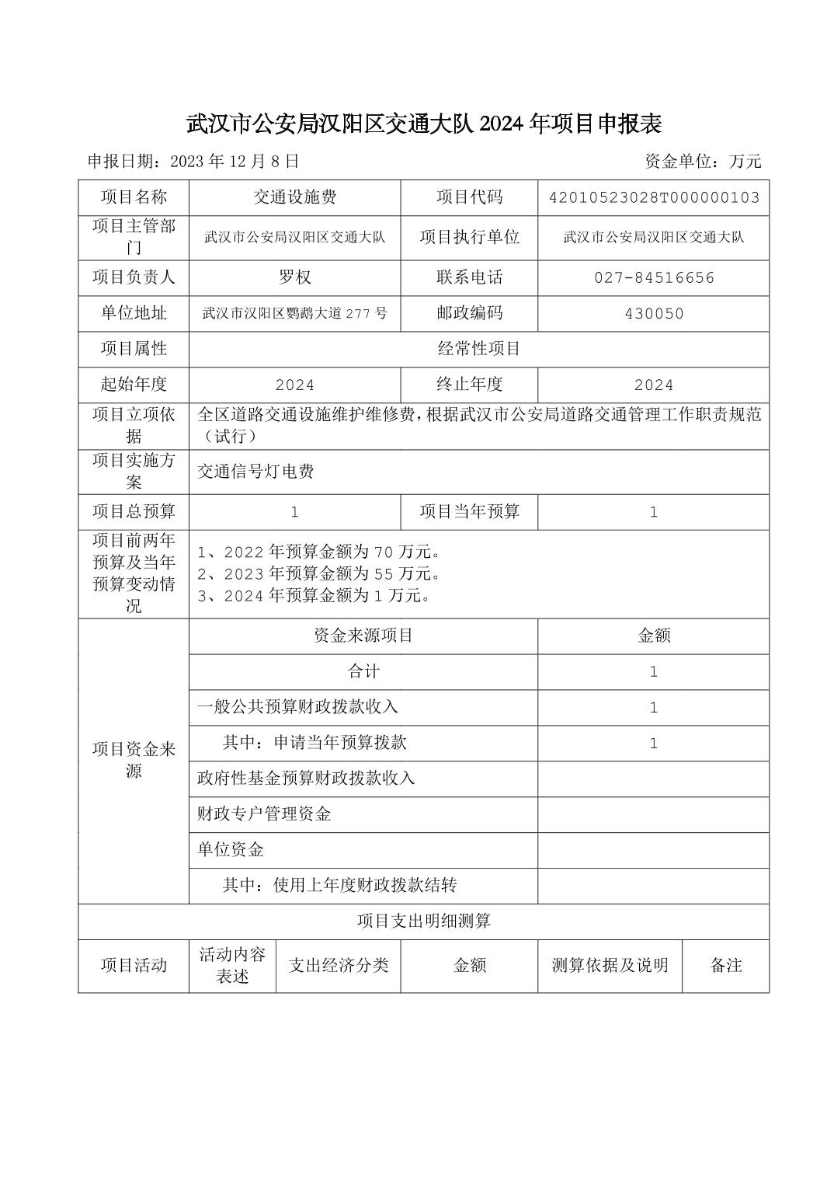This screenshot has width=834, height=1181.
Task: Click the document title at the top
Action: (423, 123)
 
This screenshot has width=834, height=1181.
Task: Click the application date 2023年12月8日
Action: (193, 162)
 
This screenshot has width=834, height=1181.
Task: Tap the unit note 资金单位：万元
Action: (703, 162)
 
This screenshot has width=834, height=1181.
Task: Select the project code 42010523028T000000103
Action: (654, 197)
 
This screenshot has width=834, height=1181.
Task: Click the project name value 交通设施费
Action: (295, 197)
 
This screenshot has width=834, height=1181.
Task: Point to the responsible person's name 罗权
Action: (295, 277)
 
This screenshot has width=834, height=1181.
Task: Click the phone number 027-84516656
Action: (654, 277)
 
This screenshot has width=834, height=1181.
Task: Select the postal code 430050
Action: (654, 314)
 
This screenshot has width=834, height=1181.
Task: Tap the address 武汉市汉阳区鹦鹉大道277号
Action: (295, 314)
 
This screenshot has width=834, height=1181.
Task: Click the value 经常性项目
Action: (479, 349)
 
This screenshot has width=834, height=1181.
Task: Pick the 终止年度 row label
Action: (469, 385)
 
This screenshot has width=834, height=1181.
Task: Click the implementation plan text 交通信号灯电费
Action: (255, 472)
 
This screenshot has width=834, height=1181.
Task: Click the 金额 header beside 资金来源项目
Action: (654, 636)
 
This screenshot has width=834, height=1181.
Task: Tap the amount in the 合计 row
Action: (654, 671)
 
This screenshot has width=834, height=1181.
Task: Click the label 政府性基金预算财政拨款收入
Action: (306, 778)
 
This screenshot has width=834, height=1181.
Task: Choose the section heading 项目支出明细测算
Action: (423, 921)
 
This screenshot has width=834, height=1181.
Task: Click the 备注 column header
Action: (726, 966)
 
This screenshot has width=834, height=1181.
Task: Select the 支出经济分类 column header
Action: (339, 966)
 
